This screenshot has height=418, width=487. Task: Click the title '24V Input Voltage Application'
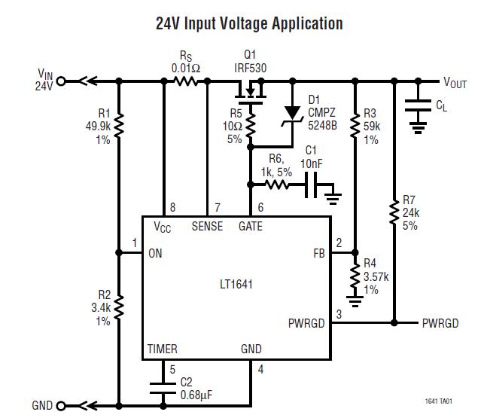click(x=248, y=23)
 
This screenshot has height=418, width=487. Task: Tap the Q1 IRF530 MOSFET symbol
click(x=251, y=93)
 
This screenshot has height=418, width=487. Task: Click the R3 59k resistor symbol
click(x=355, y=127)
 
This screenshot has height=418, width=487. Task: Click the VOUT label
click(x=454, y=82)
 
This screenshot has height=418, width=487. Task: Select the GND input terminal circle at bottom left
click(x=61, y=405)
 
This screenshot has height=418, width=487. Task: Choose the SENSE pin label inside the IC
click(x=207, y=226)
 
